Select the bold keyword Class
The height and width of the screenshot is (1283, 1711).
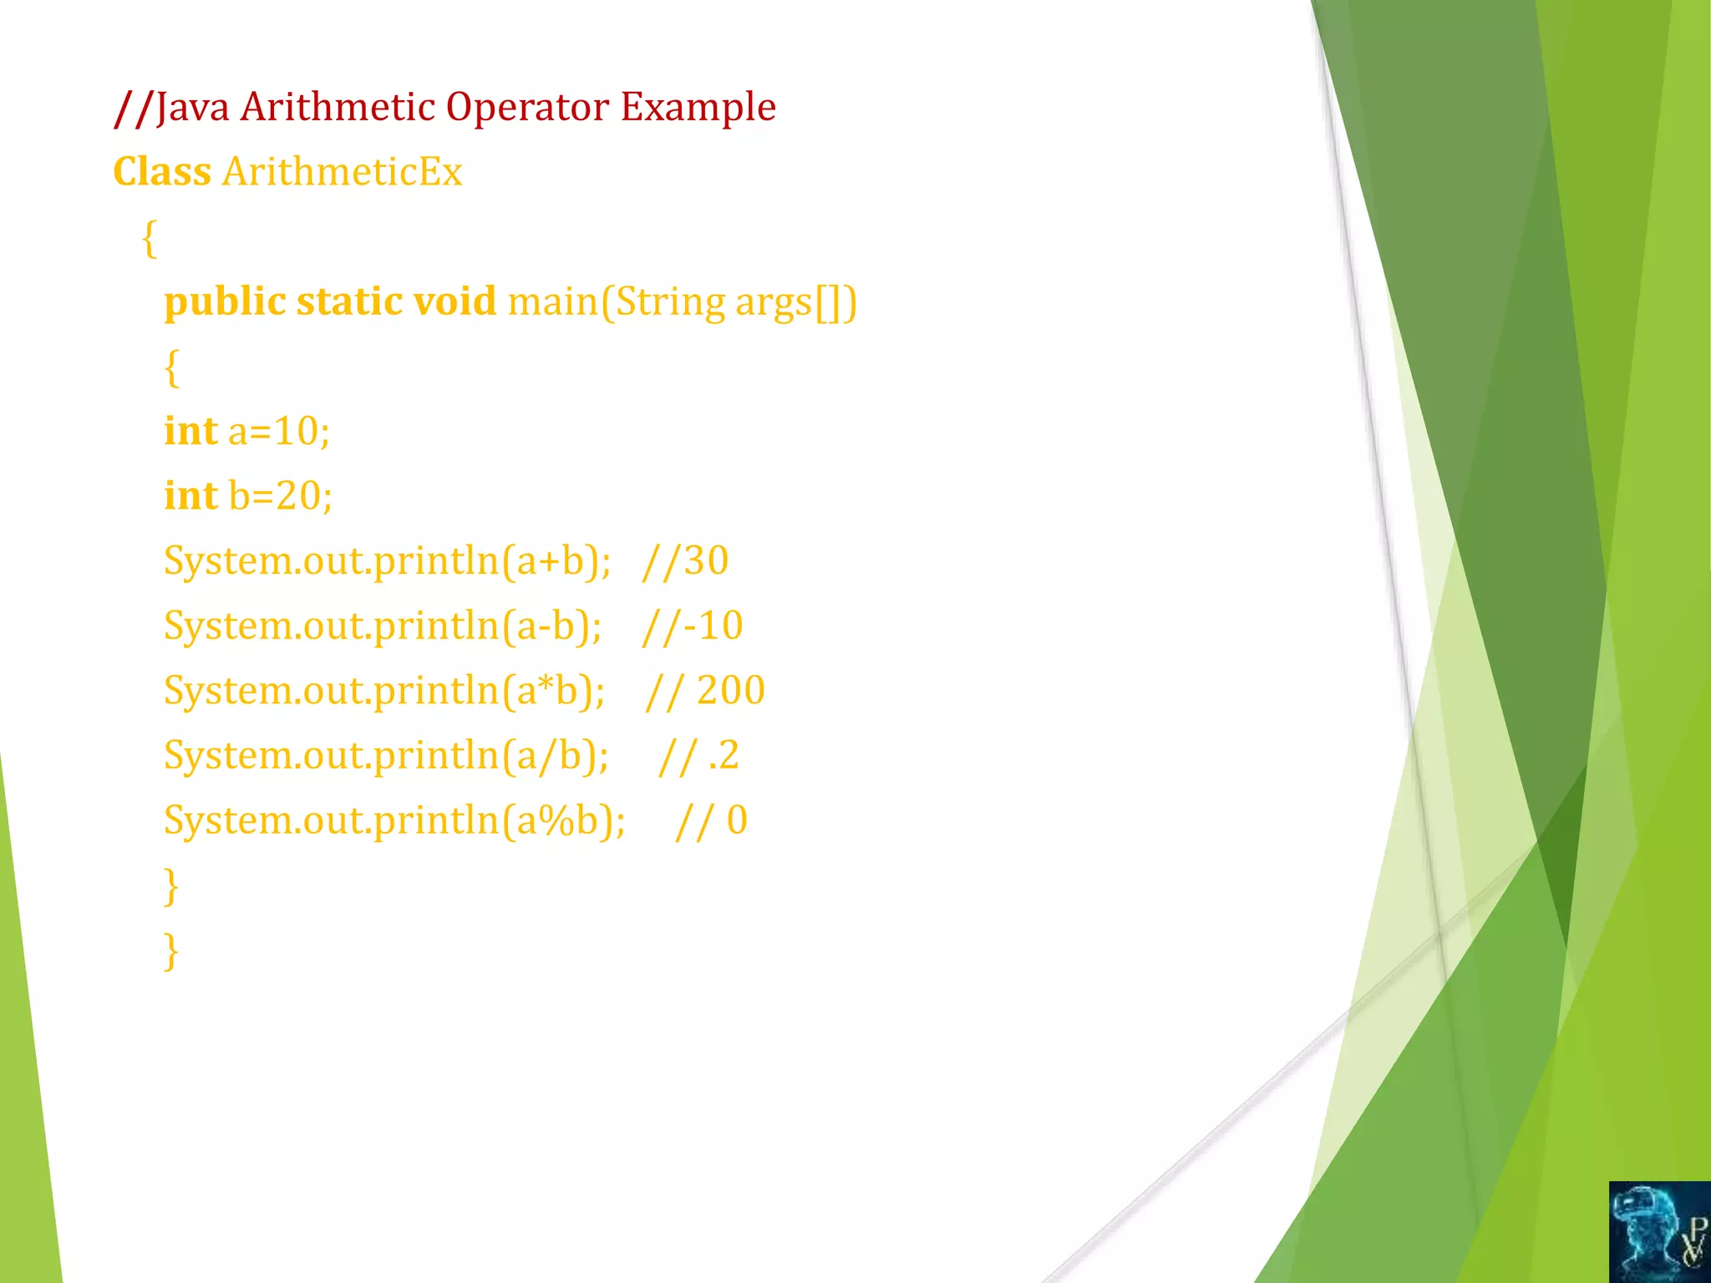tap(162, 172)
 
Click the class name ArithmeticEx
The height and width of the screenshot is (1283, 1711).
tap(342, 172)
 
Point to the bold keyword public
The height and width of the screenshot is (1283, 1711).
tap(225, 302)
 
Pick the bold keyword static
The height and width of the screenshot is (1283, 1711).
tap(350, 302)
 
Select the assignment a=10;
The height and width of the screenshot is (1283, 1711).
tap(279, 432)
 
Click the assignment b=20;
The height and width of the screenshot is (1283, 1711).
tap(281, 496)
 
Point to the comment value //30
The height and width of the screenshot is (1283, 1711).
tap(685, 560)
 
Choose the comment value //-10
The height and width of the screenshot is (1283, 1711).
tap(693, 626)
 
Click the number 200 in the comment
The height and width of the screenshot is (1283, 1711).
tap(731, 691)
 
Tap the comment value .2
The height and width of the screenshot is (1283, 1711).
tap(723, 756)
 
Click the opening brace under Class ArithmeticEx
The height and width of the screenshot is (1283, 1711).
tap(150, 239)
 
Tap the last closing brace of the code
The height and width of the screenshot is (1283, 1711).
tap(171, 951)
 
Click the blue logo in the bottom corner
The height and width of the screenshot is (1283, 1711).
tap(1659, 1231)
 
